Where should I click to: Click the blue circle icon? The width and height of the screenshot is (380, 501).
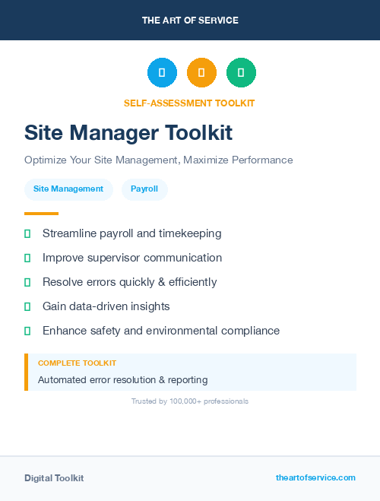(162, 72)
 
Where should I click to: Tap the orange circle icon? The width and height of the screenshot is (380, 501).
(201, 72)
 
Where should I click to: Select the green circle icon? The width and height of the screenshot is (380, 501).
(241, 72)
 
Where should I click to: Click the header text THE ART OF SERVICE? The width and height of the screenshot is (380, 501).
(190, 21)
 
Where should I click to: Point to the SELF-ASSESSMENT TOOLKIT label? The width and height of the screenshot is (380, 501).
(189, 103)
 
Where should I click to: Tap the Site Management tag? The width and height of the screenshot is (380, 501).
(68, 189)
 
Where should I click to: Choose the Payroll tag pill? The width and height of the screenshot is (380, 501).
(144, 189)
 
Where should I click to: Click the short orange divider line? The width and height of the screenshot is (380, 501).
(41, 214)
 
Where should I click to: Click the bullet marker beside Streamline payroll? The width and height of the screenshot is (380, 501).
(27, 233)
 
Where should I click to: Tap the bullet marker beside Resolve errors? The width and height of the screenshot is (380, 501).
(27, 282)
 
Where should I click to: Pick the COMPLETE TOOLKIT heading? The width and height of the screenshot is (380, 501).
(77, 363)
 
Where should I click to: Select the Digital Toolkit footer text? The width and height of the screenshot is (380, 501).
(54, 478)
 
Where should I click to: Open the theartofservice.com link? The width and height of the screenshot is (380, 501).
(315, 477)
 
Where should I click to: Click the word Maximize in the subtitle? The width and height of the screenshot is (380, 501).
(204, 160)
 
